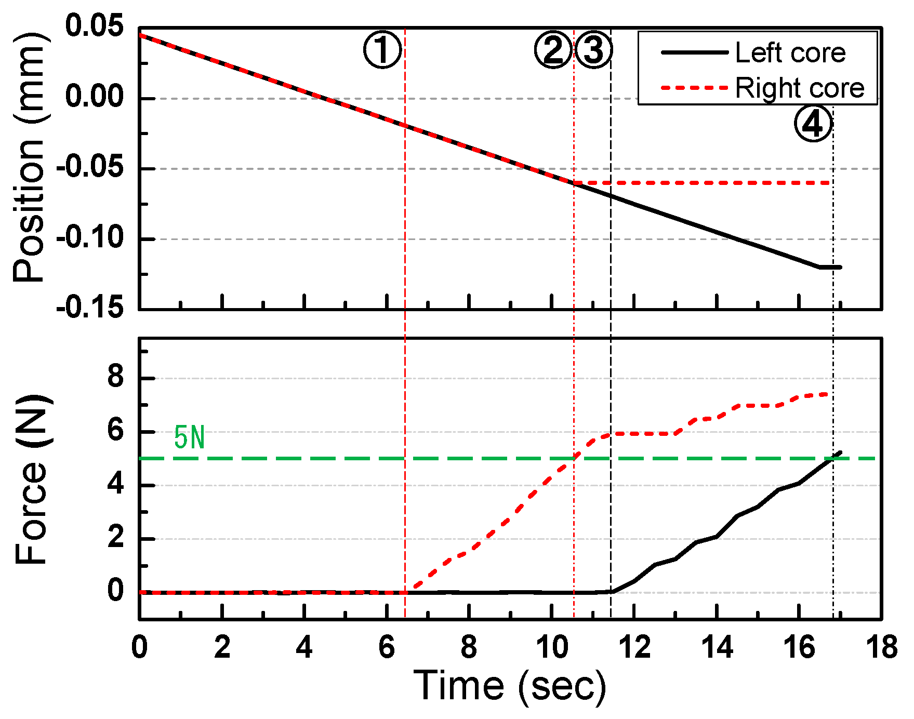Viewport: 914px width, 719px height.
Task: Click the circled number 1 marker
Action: click(382, 50)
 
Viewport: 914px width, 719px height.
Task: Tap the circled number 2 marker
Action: click(553, 50)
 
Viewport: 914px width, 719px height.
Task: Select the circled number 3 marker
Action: click(594, 50)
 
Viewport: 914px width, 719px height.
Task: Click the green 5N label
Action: click(189, 437)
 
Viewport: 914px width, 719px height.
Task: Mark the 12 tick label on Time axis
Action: click(634, 647)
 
